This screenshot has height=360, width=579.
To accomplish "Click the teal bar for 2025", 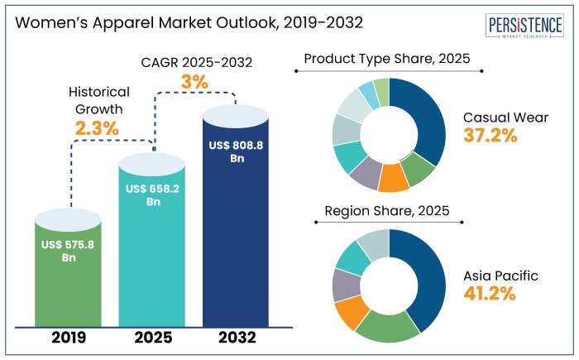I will (x=154, y=257).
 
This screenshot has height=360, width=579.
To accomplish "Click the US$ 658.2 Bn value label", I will (x=154, y=195).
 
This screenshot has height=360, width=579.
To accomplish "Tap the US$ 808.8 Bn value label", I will (x=236, y=151).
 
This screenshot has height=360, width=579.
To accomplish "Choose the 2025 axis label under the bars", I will (x=154, y=338).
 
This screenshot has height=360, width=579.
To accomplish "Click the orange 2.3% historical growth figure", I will (x=97, y=128).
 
